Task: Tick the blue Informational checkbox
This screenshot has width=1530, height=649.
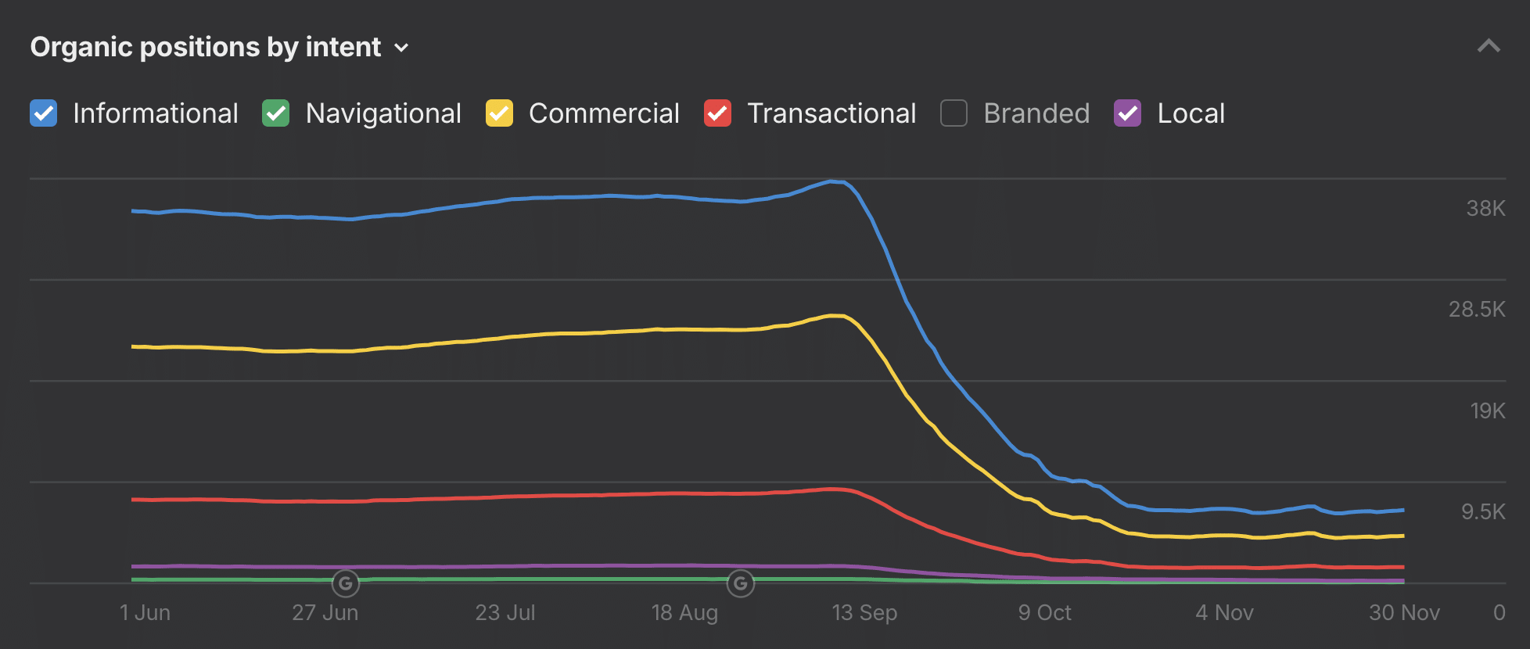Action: tap(44, 113)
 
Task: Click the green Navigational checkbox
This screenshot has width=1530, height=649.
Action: tap(276, 113)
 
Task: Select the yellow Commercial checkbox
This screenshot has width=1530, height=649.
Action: tap(499, 113)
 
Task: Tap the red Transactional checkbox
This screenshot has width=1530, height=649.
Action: tap(717, 113)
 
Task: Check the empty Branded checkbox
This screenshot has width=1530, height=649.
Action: tap(954, 113)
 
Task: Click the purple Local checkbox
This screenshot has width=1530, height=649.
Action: tap(1127, 113)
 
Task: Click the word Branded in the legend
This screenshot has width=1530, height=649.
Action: tap(1036, 113)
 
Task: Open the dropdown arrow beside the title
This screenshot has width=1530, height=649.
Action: tap(401, 48)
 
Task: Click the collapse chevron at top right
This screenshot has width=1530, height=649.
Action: tap(1488, 46)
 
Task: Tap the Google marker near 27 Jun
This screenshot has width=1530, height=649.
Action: tap(346, 583)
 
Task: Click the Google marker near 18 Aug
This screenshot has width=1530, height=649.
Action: tap(741, 583)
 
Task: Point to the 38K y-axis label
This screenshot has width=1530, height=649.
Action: tap(1485, 209)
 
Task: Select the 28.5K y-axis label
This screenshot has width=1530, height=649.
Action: tap(1476, 310)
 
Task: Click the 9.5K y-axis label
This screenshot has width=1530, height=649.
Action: tap(1483, 512)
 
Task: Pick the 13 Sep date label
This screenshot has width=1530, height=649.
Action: tap(864, 613)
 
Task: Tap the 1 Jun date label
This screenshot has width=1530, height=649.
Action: tap(145, 613)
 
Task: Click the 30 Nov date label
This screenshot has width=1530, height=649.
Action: tap(1404, 613)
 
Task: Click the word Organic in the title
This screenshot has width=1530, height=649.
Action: tap(81, 48)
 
